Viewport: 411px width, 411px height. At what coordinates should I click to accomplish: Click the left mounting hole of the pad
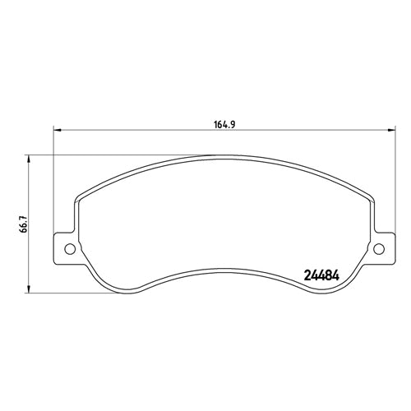[x=69, y=249]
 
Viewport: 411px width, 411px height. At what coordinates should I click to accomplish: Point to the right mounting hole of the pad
[x=379, y=249]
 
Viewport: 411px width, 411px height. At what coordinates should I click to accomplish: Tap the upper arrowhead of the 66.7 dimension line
[x=30, y=159]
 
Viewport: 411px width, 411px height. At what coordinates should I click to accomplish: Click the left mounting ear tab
[x=66, y=249]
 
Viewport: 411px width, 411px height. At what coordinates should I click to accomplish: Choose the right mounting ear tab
[x=381, y=249]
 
